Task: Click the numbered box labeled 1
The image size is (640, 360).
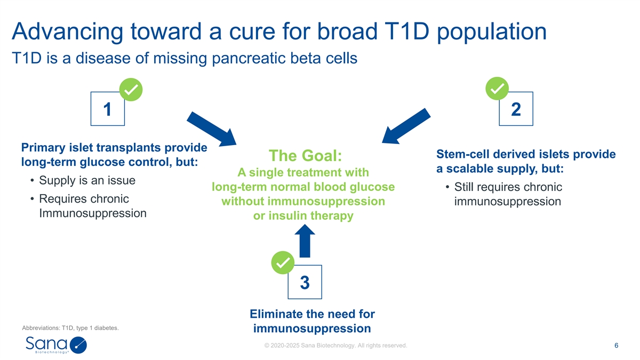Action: [108, 109]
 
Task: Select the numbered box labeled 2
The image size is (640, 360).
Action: [516, 109]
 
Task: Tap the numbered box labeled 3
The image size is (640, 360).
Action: [305, 282]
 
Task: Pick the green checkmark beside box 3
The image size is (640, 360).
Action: [283, 262]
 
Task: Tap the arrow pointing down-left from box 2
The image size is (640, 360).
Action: [406, 126]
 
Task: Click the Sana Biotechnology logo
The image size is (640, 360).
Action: [55, 345]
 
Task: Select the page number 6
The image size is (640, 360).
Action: [616, 346]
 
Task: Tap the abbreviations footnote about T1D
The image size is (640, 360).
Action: [70, 328]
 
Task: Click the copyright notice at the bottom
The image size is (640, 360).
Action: [335, 346]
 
